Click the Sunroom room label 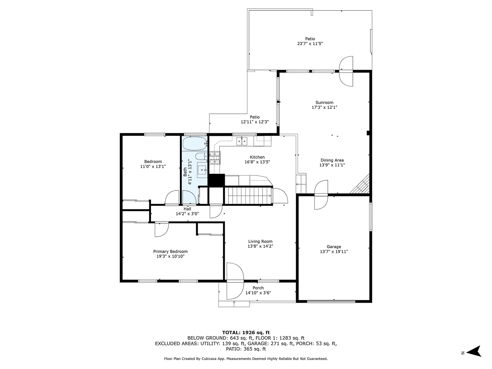(x=324, y=102)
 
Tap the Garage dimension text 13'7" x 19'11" (x=334, y=252)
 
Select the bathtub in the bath (x=195, y=144)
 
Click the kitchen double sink (x=242, y=141)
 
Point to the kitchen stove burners (x=215, y=158)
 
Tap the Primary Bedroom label (x=170, y=251)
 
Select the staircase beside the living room (x=249, y=195)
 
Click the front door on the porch (x=235, y=281)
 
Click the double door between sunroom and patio (x=346, y=71)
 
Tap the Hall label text (x=187, y=209)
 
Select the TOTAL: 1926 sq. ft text (x=246, y=332)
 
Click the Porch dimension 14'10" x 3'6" (x=258, y=293)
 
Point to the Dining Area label (x=332, y=160)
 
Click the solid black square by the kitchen (x=216, y=180)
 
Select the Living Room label (x=260, y=241)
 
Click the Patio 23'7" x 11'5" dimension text (x=310, y=43)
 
